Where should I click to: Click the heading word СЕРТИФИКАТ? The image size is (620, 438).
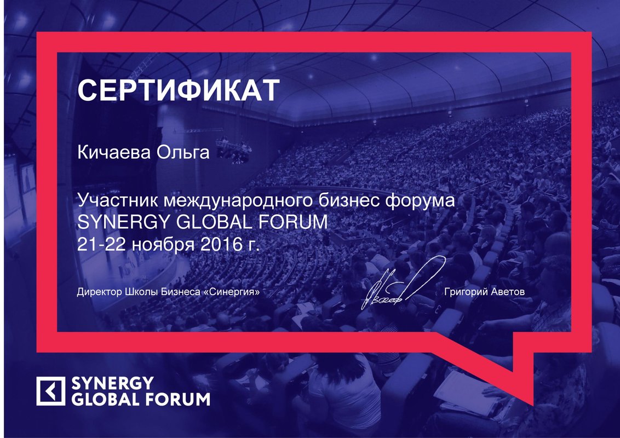179,90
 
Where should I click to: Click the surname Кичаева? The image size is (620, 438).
114,152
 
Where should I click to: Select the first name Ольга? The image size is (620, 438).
183,152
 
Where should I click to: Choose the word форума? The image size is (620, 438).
420,201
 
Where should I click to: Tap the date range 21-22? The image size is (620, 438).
102,244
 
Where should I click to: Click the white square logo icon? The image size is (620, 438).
50,391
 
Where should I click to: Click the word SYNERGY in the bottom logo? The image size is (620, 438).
112,383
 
